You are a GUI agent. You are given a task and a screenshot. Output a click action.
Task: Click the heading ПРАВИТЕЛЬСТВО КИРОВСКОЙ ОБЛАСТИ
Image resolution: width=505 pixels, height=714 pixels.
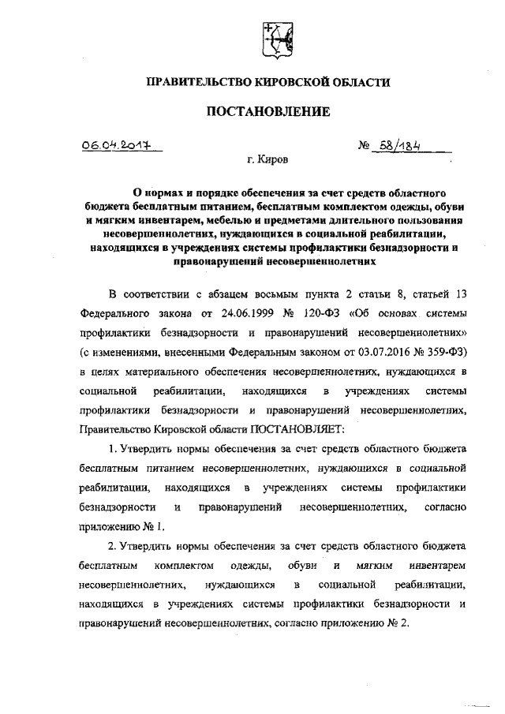click(268, 82)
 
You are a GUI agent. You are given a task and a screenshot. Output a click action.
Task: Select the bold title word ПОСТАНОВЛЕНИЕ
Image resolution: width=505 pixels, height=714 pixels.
click(267, 111)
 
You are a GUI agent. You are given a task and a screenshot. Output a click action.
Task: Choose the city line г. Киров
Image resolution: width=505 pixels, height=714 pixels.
click(267, 159)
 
